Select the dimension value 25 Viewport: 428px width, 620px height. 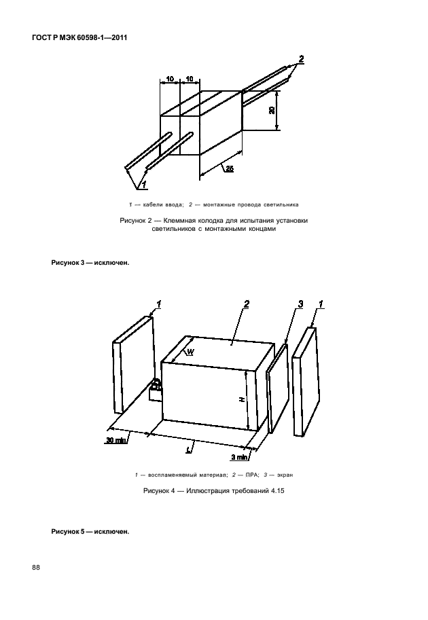tap(230, 169)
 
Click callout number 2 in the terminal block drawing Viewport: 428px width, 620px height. tap(300, 58)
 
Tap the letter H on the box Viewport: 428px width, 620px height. tap(243, 401)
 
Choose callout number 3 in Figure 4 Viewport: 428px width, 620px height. tap(300, 304)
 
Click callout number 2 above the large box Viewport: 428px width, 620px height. tap(247, 304)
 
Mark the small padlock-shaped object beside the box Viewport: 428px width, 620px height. tap(156, 390)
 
